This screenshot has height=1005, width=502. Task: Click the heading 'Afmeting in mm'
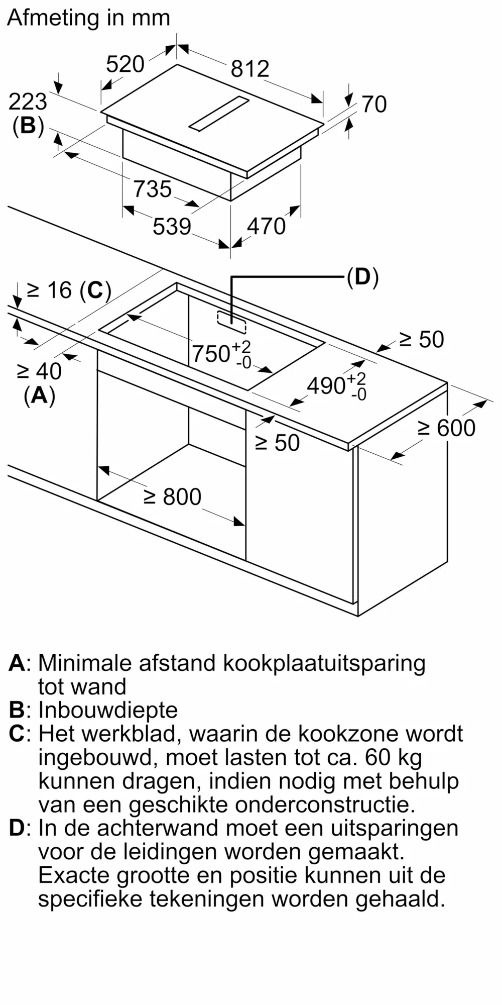click(88, 19)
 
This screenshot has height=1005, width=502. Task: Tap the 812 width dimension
click(249, 68)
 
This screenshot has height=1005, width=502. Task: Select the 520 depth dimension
click(125, 64)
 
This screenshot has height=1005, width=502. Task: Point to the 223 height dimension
click(28, 102)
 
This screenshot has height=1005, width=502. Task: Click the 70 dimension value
click(374, 105)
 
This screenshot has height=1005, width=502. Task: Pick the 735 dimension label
click(152, 189)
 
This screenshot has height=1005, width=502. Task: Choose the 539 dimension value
click(172, 227)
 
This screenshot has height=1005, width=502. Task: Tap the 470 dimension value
click(266, 227)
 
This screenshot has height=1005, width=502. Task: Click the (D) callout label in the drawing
click(362, 277)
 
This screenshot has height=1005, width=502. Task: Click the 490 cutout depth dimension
click(326, 386)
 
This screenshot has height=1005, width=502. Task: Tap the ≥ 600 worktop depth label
click(446, 428)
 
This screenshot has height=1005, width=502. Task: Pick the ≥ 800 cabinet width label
click(172, 497)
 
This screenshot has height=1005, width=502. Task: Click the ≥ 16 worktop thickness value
click(49, 290)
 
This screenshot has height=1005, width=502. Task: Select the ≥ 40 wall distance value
click(39, 371)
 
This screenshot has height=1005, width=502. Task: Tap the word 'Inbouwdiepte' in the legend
click(108, 710)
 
